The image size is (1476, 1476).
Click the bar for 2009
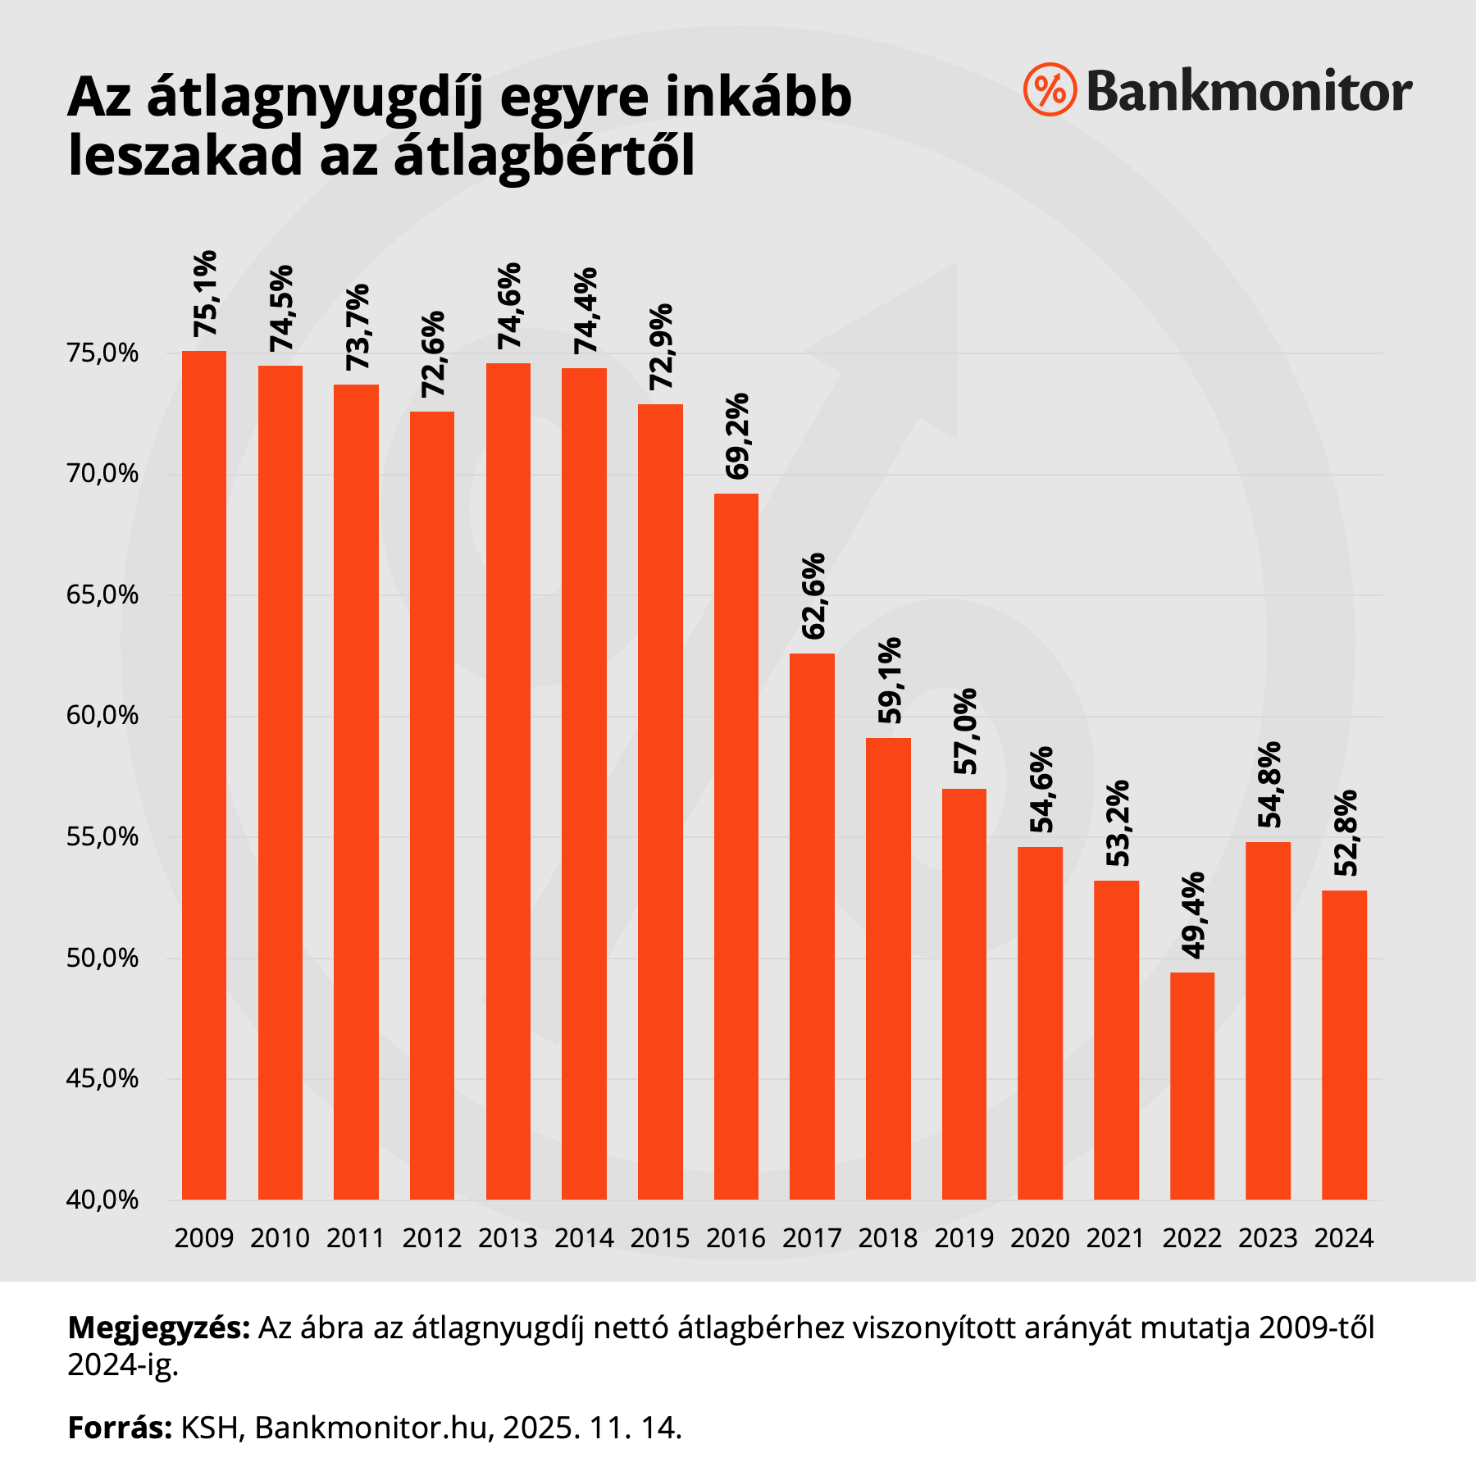(203, 775)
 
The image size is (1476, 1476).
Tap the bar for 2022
(1191, 1086)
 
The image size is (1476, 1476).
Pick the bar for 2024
(1344, 1045)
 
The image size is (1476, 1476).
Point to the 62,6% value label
(813, 596)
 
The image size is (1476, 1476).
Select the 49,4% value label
(1193, 914)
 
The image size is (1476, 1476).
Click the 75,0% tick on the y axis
(103, 354)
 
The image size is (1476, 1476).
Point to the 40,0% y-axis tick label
(103, 1200)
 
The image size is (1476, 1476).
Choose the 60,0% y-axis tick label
(103, 717)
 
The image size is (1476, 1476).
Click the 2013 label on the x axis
(508, 1238)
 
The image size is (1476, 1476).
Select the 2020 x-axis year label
(1040, 1238)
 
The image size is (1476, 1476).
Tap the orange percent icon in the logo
(1050, 89)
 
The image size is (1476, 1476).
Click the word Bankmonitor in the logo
(1249, 91)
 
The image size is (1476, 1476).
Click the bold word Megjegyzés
(158, 1328)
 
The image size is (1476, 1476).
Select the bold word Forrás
(120, 1428)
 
